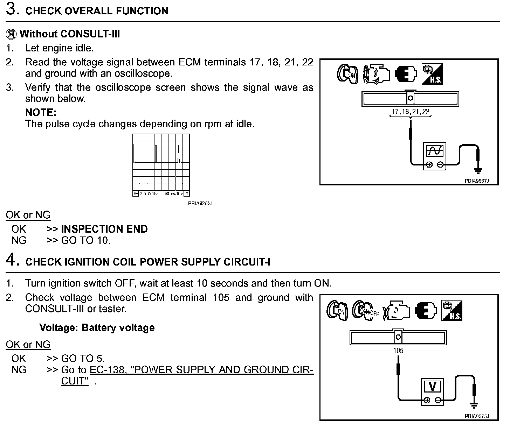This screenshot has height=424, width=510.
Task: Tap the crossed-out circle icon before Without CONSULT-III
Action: point(12,34)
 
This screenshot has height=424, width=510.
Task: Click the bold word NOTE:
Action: point(41,113)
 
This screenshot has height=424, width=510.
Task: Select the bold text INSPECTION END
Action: point(104,229)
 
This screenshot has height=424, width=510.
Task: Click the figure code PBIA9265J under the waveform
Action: point(200,203)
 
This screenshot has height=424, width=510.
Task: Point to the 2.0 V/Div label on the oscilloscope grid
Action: point(149,194)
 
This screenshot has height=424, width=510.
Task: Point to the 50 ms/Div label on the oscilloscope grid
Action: point(174,194)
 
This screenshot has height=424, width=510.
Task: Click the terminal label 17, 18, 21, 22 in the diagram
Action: point(411,112)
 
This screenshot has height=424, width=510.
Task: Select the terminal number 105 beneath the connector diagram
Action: point(398,351)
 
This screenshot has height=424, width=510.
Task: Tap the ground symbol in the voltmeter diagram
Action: point(474,406)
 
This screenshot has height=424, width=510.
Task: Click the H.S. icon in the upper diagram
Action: point(432,74)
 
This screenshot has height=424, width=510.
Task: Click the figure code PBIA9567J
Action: point(476,181)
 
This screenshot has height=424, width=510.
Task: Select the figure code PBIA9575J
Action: point(476,416)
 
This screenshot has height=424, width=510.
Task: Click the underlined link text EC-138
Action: point(106,370)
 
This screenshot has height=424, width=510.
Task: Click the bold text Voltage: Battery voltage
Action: point(97,328)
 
